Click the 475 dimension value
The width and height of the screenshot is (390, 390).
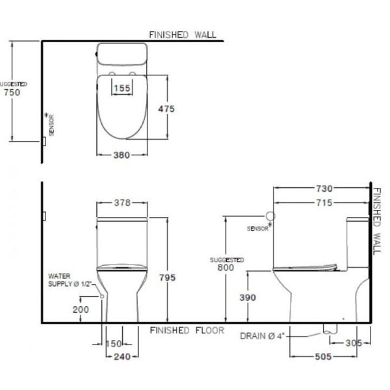coord(166,109)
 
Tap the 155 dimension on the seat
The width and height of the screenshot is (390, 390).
coord(122,88)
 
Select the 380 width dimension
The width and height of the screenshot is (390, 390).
coord(122,155)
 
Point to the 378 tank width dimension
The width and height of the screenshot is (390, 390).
coord(122,203)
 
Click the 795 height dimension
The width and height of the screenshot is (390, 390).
coord(168,278)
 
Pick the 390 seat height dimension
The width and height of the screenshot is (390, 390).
coord(248,298)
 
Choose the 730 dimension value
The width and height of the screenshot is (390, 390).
coord(324,188)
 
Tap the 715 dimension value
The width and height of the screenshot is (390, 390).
coord(324,203)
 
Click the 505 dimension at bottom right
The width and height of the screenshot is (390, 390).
coord(323,357)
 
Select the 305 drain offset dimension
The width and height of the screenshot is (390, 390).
coord(354,343)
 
